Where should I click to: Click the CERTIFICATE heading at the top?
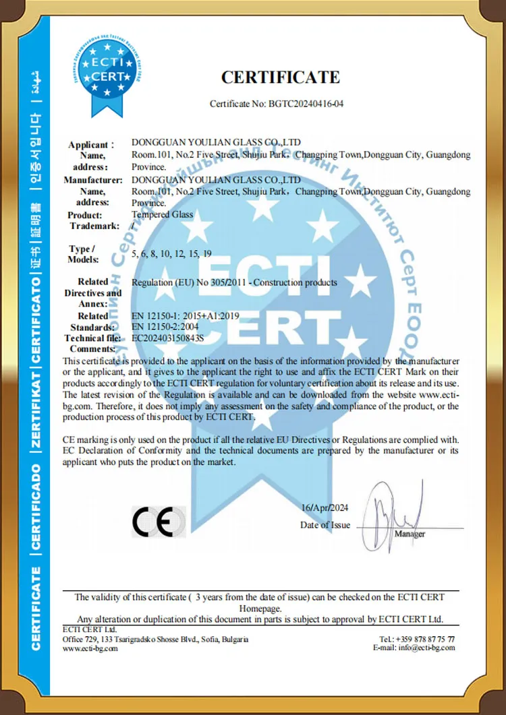tap(281, 77)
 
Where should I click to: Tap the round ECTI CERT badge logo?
tap(103, 69)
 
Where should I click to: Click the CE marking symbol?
tap(159, 522)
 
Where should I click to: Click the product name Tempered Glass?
tap(162, 214)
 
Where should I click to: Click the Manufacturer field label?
tap(92, 180)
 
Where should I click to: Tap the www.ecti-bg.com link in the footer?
tap(90, 648)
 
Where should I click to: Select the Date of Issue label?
tap(325, 525)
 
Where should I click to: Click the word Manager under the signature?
tap(410, 534)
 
